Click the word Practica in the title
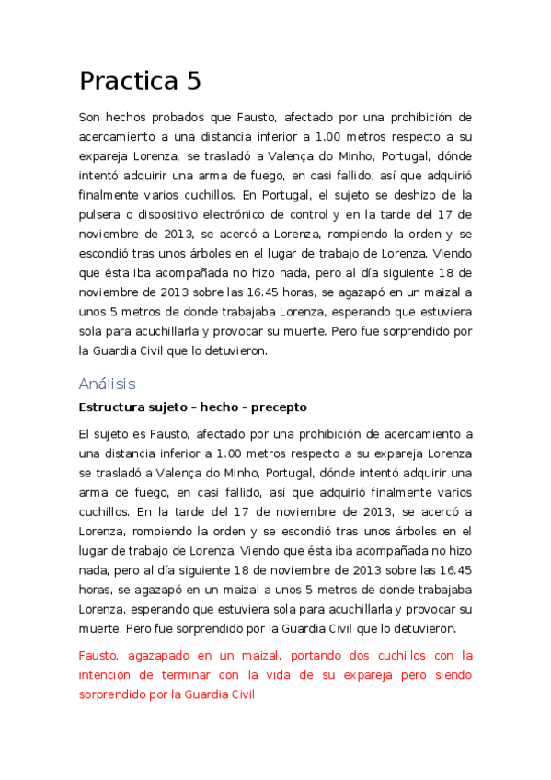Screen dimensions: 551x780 pyautogui.click(x=128, y=82)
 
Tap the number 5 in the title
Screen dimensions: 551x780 pyautogui.click(x=193, y=82)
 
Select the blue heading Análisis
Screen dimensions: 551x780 pyautogui.click(x=108, y=384)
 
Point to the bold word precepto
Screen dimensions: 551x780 pyautogui.click(x=277, y=407)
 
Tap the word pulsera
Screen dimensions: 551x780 pyautogui.click(x=100, y=214)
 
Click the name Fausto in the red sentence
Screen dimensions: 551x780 pyautogui.click(x=101, y=656)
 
